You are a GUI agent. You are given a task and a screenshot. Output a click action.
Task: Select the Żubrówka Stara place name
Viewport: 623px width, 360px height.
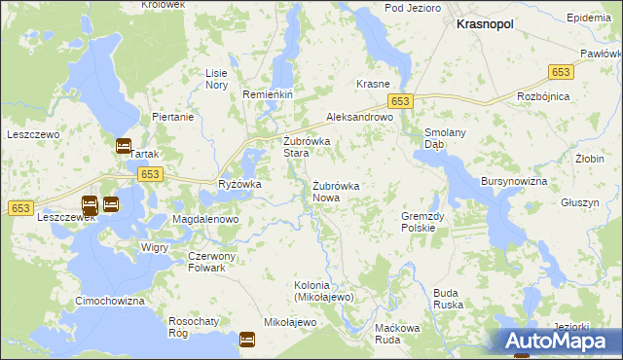pyautogui.click(x=306, y=147)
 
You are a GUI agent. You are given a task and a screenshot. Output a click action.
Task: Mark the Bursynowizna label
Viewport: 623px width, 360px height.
pyautogui.click(x=514, y=182)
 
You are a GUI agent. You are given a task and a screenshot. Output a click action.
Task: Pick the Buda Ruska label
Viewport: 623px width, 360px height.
pyautogui.click(x=447, y=298)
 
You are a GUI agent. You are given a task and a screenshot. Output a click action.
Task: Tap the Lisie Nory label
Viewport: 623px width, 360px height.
pyautogui.click(x=216, y=79)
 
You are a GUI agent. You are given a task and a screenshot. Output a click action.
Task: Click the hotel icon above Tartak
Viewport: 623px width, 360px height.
pyautogui.click(x=124, y=147)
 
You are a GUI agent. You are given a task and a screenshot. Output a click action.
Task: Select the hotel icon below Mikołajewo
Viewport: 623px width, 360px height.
pyautogui.click(x=247, y=341)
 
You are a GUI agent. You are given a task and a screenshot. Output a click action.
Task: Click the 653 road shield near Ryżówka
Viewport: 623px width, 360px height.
pyautogui.click(x=149, y=174)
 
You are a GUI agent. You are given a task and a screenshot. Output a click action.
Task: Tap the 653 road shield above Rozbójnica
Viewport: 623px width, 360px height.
pyautogui.click(x=561, y=72)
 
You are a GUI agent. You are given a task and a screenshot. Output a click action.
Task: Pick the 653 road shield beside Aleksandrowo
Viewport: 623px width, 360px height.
pyautogui.click(x=402, y=101)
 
